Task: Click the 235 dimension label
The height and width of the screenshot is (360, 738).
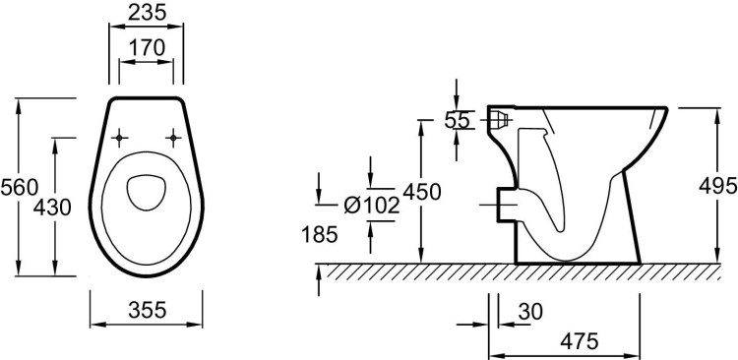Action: point(148,13)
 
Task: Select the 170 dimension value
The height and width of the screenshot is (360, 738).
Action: point(147,47)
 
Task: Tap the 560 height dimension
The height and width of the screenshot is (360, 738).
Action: point(20,188)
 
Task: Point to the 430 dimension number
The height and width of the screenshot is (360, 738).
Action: point(52,208)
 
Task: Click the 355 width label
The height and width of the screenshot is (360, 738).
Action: point(148,310)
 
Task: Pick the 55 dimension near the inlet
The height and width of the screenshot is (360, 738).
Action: point(457,121)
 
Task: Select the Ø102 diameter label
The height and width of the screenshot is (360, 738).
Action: point(372,206)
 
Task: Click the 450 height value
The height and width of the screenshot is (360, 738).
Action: point(422,192)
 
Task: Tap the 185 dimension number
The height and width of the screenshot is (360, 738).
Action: point(320,234)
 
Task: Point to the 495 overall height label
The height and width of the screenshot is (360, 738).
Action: point(717,186)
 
